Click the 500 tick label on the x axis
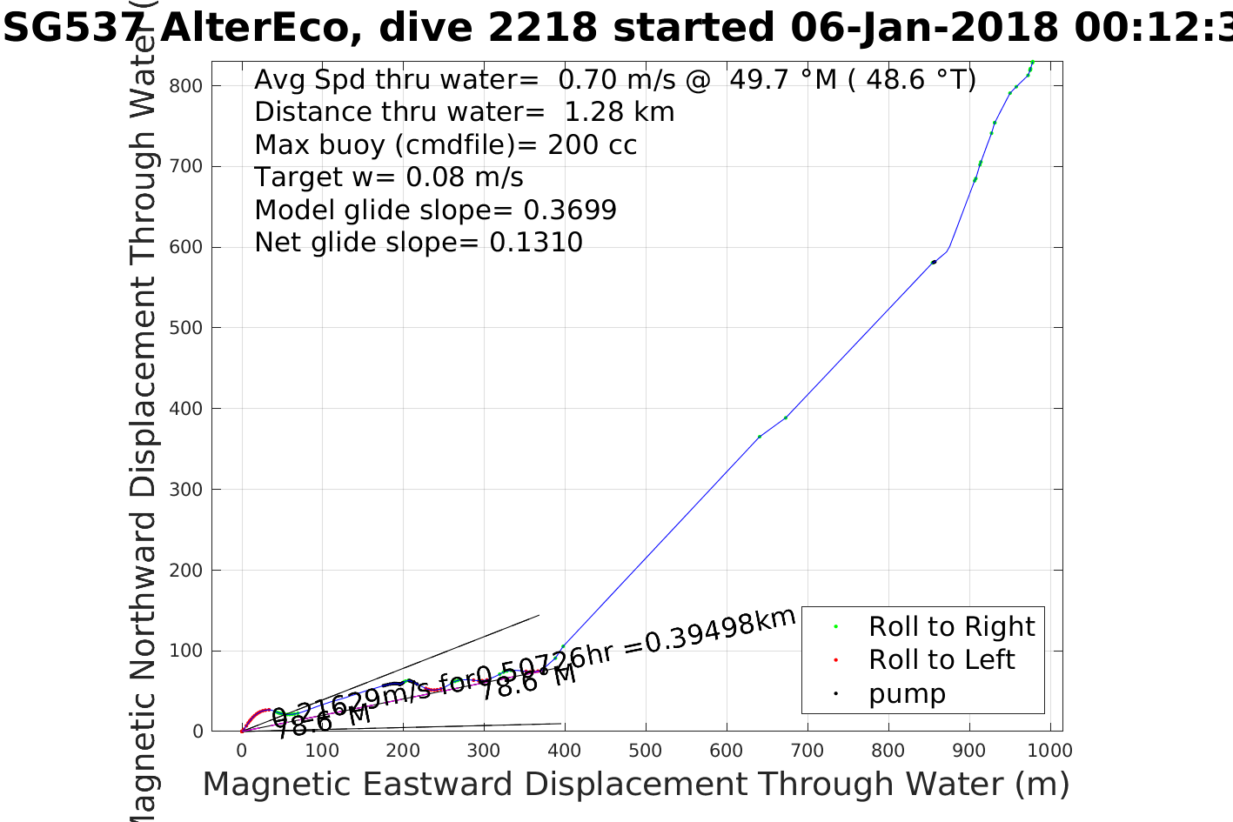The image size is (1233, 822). pos(645,751)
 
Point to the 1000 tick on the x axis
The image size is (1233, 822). pos(1049,751)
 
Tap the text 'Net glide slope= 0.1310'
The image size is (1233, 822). pos(419,243)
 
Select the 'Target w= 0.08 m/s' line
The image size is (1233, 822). pos(389,177)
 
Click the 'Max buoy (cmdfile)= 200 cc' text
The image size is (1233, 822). pos(446,144)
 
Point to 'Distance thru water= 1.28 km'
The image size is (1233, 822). pos(464,112)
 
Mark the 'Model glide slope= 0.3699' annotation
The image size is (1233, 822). pos(435,211)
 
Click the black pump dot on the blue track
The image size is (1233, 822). pos(934,262)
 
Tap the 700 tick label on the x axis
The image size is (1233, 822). pos(807,751)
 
